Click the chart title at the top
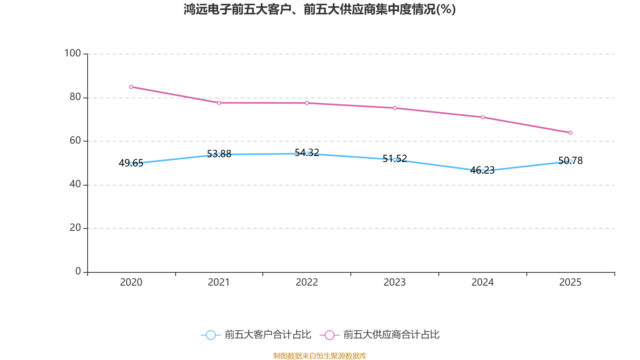(x=320, y=9)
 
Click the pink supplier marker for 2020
(x=131, y=87)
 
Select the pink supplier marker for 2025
(x=570, y=133)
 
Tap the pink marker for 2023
(x=395, y=108)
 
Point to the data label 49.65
(x=131, y=163)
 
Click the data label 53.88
(x=219, y=154)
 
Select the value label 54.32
(x=307, y=152)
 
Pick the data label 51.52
(x=395, y=159)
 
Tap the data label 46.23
(x=482, y=170)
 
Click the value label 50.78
(x=570, y=161)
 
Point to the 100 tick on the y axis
(x=73, y=53)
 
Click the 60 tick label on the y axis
(x=75, y=140)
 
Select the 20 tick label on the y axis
(x=75, y=228)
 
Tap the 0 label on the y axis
(x=78, y=271)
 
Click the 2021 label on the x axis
(x=219, y=282)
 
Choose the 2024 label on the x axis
(x=482, y=282)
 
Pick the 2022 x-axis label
(x=307, y=282)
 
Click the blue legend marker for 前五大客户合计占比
(x=210, y=335)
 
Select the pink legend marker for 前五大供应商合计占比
(x=330, y=335)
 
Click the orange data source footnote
(x=320, y=356)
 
